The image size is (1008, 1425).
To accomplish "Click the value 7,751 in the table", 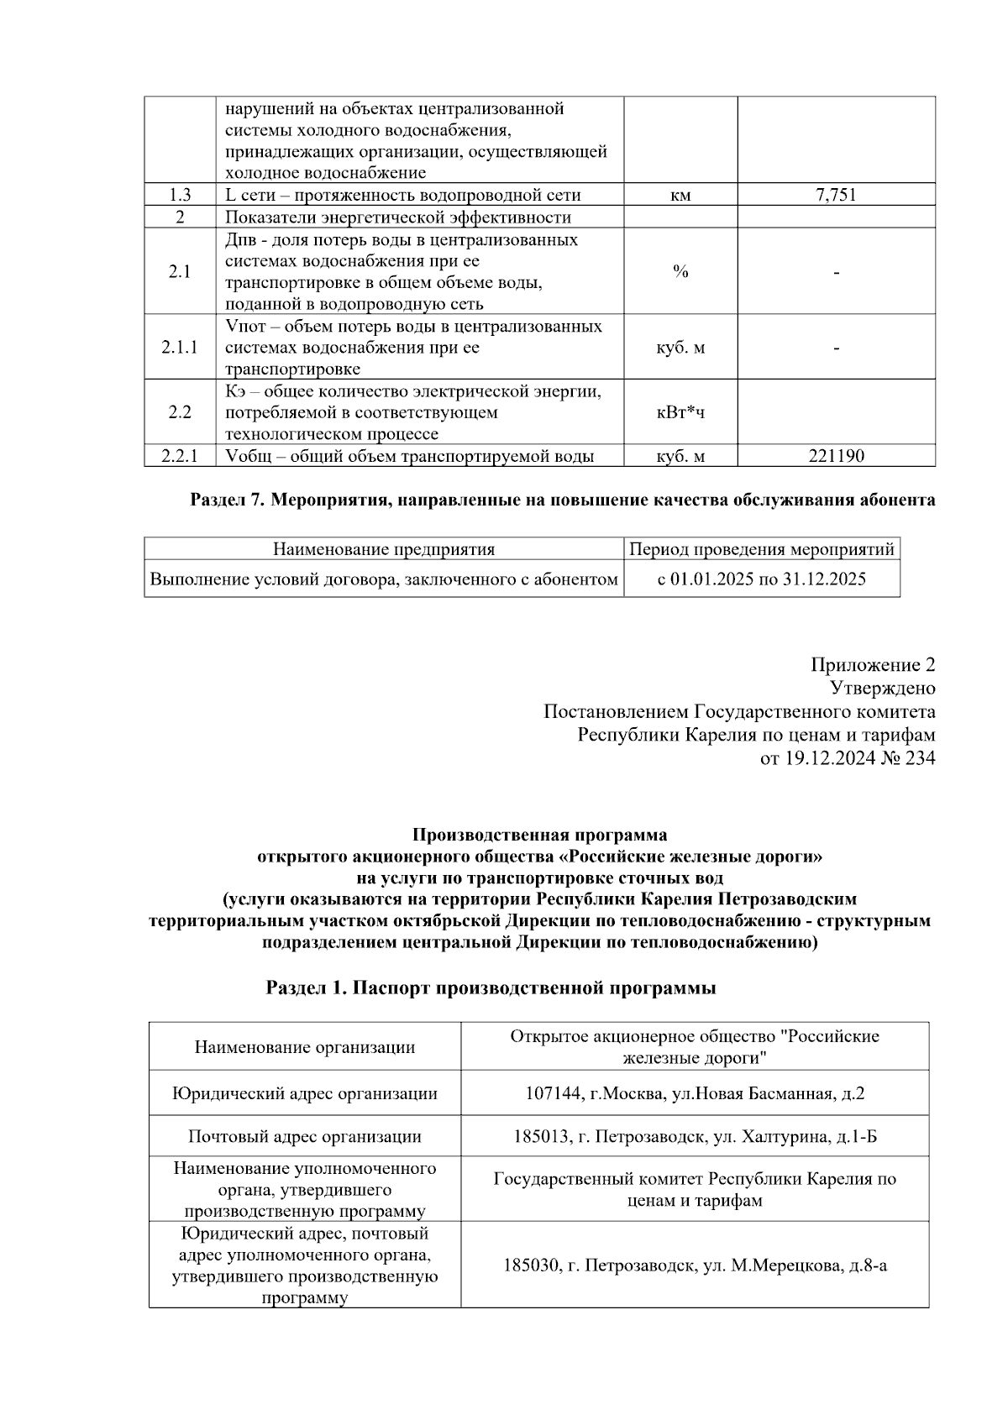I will click(836, 196).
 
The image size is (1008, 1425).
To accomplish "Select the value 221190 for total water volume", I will click(836, 457).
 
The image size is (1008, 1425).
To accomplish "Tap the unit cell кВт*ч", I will click(680, 412).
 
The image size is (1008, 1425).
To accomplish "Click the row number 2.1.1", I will click(180, 348).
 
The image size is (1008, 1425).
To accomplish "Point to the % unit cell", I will click(680, 272).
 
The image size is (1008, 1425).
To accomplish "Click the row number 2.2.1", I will click(180, 457).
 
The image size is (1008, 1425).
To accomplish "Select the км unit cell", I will click(680, 196).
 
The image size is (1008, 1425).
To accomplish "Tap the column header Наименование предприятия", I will click(384, 550).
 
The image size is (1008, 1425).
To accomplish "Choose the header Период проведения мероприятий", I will click(762, 550).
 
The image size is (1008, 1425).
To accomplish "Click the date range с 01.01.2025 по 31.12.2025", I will click(762, 579).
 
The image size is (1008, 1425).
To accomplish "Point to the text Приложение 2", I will click(872, 666).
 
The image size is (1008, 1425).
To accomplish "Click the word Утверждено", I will click(882, 689).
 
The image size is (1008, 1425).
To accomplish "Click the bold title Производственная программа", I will click(539, 836).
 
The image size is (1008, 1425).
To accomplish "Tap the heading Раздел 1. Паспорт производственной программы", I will click(491, 988).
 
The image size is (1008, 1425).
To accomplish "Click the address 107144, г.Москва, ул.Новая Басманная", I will click(695, 1094).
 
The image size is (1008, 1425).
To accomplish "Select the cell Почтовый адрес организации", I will click(305, 1137).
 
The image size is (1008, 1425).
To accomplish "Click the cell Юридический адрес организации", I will click(305, 1094).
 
